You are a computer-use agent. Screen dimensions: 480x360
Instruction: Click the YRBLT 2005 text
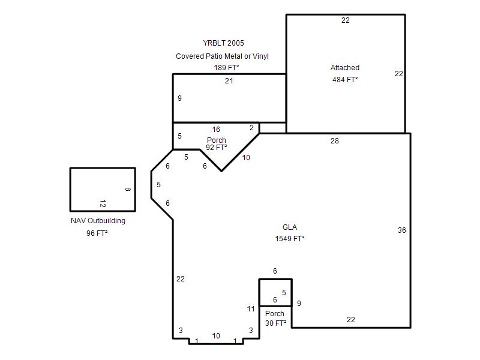[x=223, y=43]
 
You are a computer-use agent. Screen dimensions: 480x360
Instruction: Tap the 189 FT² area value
[x=226, y=67]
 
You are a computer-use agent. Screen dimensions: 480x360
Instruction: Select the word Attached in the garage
[x=344, y=68]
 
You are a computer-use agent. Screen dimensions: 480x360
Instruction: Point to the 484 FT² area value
[x=345, y=80]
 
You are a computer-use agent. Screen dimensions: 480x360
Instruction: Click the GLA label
[x=290, y=227]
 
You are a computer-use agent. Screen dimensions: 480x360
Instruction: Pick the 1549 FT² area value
[x=290, y=239]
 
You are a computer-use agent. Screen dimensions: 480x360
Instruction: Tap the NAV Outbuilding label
[x=98, y=221]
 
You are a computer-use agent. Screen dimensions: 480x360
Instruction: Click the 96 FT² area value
[x=97, y=233]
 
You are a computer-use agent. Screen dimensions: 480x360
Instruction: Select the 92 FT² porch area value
[x=217, y=148]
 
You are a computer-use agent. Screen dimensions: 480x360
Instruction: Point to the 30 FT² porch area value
[x=276, y=323]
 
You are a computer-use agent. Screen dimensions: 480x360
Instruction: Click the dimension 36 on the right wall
[x=401, y=230]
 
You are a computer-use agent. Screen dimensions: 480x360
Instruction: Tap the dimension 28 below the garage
[x=335, y=141]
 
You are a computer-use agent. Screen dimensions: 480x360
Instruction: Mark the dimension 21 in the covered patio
[x=229, y=81]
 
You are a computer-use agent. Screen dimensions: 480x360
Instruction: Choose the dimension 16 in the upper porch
[x=216, y=130]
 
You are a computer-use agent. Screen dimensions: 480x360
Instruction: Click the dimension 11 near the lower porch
[x=251, y=309]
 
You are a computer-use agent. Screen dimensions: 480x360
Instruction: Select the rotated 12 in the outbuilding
[x=103, y=203]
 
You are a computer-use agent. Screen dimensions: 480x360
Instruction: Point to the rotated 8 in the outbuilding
[x=128, y=189]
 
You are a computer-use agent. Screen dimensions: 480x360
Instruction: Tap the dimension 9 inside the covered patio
[x=179, y=98]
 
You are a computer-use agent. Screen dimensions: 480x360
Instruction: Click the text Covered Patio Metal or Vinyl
[x=222, y=56]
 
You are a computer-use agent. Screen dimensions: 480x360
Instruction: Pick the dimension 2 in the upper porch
[x=251, y=128]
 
